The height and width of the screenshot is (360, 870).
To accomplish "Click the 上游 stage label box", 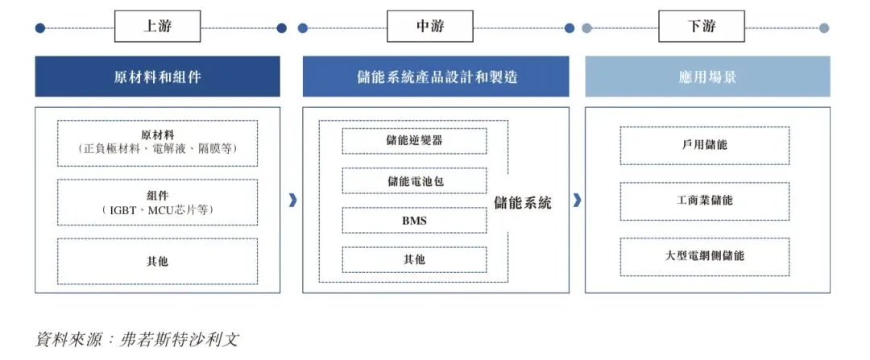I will pyautogui.click(x=158, y=27).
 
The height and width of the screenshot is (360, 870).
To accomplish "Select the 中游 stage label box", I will pyautogui.click(x=429, y=27).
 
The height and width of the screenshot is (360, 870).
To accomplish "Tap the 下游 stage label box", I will pyautogui.click(x=701, y=27).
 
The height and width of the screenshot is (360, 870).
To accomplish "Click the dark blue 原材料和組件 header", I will pyautogui.click(x=158, y=77).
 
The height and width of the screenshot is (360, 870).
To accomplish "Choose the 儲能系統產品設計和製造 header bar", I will pyautogui.click(x=436, y=77).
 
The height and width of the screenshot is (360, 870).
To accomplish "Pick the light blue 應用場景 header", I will pyautogui.click(x=707, y=77).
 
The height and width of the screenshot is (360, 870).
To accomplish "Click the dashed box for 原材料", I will pyautogui.click(x=158, y=143).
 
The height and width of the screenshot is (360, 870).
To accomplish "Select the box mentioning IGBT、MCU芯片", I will pyautogui.click(x=158, y=202).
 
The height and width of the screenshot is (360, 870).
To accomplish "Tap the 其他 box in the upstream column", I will pyautogui.click(x=158, y=261).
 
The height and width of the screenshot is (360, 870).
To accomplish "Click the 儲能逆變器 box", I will pyautogui.click(x=414, y=140).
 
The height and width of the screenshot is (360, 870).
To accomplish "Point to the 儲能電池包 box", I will pyautogui.click(x=414, y=180).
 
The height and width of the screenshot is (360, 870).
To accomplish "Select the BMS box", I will pyautogui.click(x=414, y=220).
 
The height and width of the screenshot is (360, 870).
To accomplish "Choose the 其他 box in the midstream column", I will pyautogui.click(x=414, y=259).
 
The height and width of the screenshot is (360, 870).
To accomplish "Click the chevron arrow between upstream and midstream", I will pyautogui.click(x=292, y=201).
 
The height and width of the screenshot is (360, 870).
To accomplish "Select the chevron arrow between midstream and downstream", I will pyautogui.click(x=577, y=201).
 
